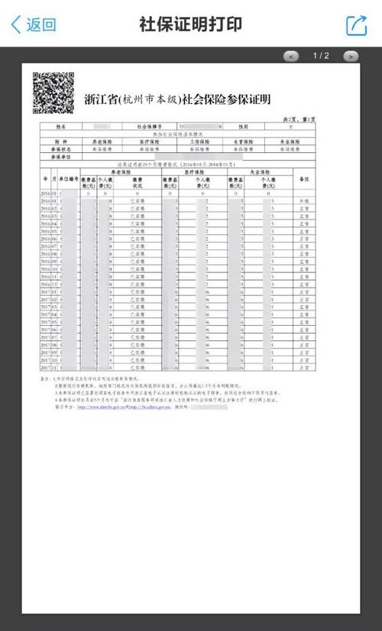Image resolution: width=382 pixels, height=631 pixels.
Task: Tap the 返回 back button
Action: click(34, 24)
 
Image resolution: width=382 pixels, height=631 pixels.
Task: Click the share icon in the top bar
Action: click(357, 24)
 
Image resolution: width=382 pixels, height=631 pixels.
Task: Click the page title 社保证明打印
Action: click(190, 24)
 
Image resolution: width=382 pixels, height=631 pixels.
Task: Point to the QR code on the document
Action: click(53, 93)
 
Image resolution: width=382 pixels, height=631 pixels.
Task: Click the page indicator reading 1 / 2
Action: click(321, 56)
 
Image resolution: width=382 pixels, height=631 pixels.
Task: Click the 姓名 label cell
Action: click(62, 126)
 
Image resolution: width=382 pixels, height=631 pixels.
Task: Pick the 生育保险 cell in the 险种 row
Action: click(244, 142)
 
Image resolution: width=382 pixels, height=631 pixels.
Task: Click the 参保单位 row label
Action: click(61, 156)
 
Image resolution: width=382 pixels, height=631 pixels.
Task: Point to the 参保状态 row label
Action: click(61, 149)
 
